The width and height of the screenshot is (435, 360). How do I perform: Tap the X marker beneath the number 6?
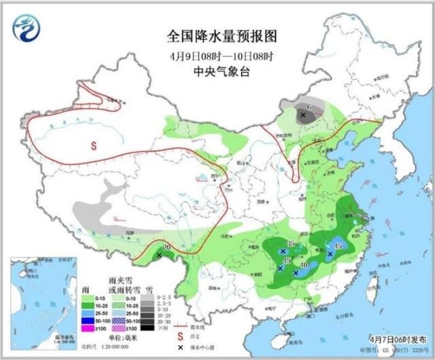303,115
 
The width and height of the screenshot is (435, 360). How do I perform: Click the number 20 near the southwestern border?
166,247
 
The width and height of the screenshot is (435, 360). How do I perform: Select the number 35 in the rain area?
290,244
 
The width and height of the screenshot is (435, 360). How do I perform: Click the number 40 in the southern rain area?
304,265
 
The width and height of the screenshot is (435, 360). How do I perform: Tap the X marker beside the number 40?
296,272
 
